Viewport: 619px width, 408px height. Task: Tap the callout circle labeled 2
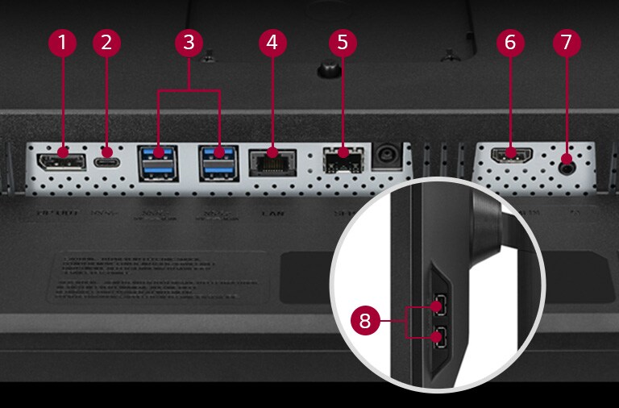(x=106, y=43)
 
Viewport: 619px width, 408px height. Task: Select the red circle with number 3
(x=189, y=43)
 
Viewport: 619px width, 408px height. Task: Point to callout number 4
(x=272, y=43)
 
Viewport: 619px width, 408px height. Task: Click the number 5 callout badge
(x=343, y=43)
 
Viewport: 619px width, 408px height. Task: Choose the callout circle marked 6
(x=508, y=43)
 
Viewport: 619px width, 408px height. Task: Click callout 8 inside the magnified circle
(x=367, y=320)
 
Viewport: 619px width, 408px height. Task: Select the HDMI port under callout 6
(x=509, y=156)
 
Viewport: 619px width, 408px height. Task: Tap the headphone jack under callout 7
(x=567, y=164)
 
